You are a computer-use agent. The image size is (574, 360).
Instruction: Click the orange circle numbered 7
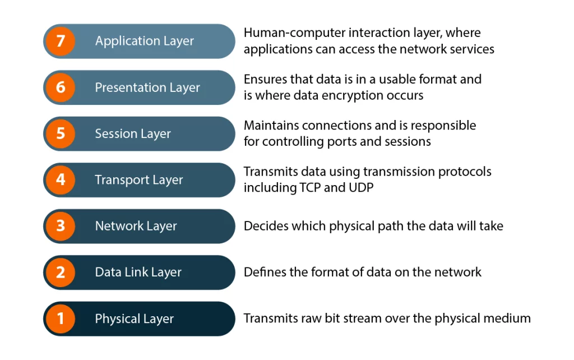coord(61,41)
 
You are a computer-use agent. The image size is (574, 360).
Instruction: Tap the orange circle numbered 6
coord(61,87)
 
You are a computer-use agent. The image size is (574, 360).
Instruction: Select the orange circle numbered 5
coord(61,133)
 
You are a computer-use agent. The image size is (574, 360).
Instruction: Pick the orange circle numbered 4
coord(61,180)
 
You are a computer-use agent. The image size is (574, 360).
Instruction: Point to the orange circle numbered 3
coord(61,226)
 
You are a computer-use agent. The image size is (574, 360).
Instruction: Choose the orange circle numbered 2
coord(61,273)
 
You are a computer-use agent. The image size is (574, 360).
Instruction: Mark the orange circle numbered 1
coord(61,319)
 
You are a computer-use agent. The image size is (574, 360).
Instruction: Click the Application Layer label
coord(144,41)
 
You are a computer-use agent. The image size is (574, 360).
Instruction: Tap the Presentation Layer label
coord(147,87)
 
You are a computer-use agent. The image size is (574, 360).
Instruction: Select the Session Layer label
coord(133,133)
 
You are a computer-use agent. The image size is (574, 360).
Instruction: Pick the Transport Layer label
coord(139,180)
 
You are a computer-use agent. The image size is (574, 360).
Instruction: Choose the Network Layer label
coord(136,226)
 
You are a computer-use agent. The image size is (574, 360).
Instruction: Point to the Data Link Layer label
coord(138,273)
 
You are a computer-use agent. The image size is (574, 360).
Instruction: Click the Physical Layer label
coord(135,319)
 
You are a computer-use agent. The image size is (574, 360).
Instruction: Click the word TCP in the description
coord(309,187)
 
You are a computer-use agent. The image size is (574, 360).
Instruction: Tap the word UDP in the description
coord(360,187)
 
